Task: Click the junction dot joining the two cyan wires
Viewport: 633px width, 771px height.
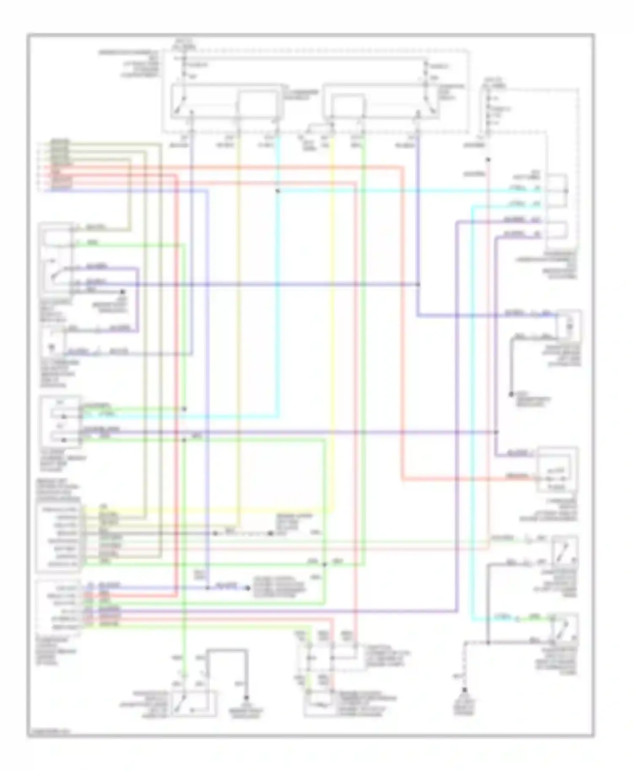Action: click(x=277, y=191)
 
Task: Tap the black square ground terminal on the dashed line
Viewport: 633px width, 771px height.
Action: click(x=465, y=690)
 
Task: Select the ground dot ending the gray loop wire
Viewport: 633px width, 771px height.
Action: click(x=246, y=698)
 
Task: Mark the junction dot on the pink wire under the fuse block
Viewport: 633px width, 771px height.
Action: click(x=488, y=160)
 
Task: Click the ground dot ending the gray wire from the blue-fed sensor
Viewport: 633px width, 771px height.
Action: click(x=511, y=394)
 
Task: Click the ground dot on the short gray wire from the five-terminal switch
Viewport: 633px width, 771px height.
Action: click(x=122, y=291)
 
